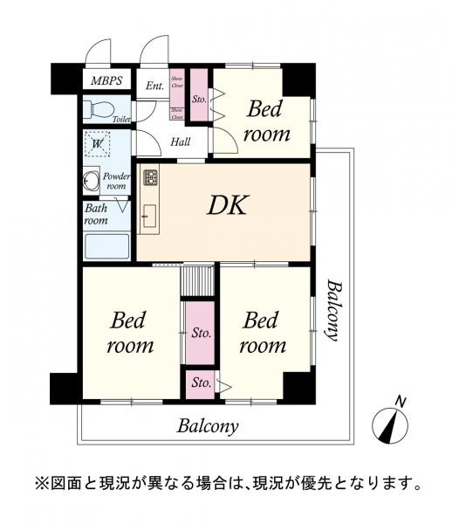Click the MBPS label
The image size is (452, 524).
(107, 81)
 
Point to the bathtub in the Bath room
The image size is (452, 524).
(106, 245)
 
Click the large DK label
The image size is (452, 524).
(228, 207)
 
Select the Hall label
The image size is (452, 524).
(181, 142)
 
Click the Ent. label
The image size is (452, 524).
(154, 86)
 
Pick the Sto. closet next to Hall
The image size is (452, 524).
(198, 99)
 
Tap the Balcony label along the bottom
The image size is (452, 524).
(208, 427)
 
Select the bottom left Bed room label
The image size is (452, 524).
(130, 333)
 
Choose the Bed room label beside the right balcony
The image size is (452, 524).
(264, 333)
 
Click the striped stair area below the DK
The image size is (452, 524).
(198, 281)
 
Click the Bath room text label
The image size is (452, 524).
(96, 214)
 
